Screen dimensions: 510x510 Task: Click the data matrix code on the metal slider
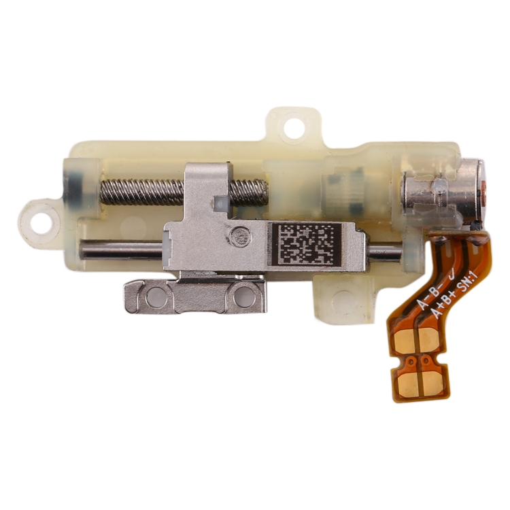(x=306, y=243)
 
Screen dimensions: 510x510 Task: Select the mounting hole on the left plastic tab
(x=41, y=220)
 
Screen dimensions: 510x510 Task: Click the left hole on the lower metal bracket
(x=157, y=294)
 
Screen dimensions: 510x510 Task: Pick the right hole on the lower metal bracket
(x=241, y=294)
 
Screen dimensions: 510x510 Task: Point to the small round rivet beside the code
(x=237, y=237)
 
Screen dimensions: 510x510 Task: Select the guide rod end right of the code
(x=385, y=252)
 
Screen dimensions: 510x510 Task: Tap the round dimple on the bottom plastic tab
(x=347, y=299)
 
